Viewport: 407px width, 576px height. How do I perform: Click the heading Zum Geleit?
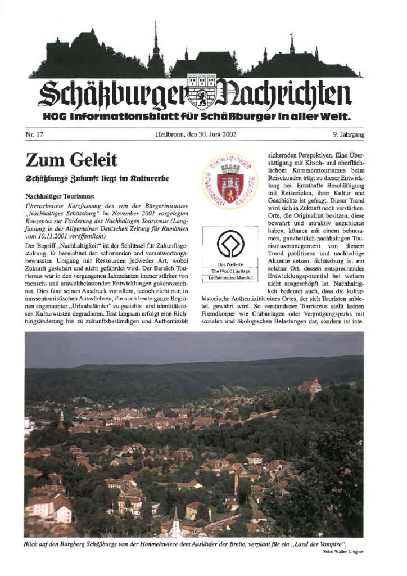pos(71,160)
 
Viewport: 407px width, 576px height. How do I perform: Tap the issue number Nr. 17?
pos(34,134)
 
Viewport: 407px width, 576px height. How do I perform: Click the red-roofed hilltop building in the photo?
pos(310,387)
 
